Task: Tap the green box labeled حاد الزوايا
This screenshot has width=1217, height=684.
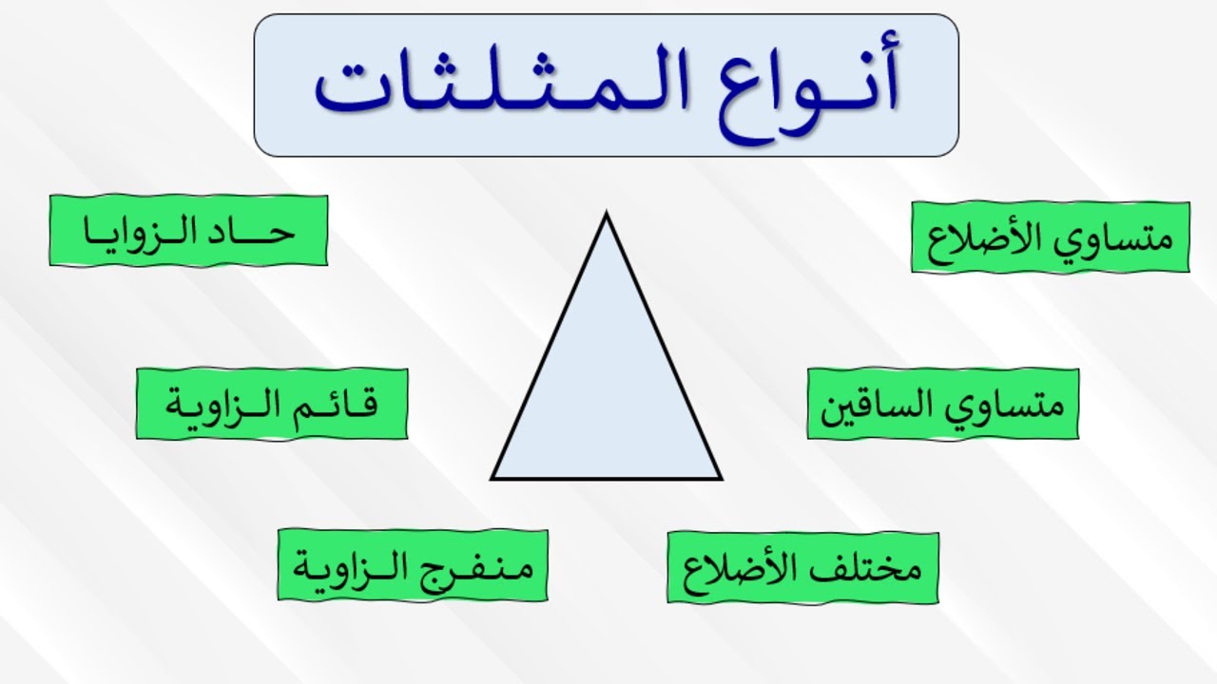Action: (x=188, y=231)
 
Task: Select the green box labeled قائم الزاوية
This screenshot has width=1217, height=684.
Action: (x=272, y=404)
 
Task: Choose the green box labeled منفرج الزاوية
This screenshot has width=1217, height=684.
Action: (x=413, y=566)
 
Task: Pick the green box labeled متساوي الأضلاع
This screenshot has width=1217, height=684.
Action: (x=1050, y=237)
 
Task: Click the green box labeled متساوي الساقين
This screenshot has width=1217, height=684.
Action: (x=942, y=404)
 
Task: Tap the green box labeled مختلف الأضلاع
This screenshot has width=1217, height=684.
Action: (x=802, y=568)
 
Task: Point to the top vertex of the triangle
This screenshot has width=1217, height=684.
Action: (x=606, y=215)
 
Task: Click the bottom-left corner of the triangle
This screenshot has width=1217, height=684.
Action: (x=493, y=478)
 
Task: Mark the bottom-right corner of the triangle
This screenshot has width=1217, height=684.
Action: (x=720, y=478)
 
